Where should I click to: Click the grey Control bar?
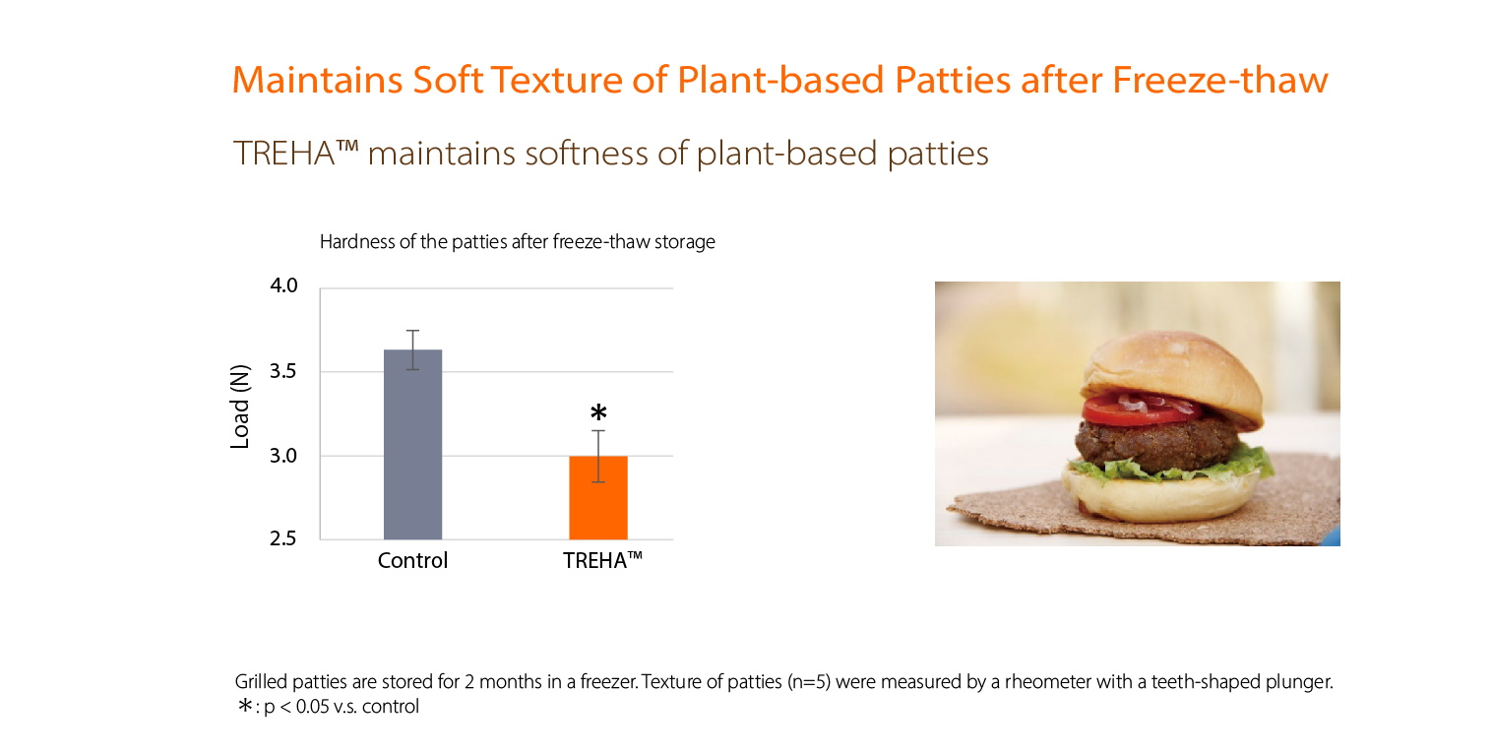412,445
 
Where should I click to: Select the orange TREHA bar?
597,498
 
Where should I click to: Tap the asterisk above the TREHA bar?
598,412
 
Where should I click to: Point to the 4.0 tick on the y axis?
283,285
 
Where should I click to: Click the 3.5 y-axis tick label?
283,371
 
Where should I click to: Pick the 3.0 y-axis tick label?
283,456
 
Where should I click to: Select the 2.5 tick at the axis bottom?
283,538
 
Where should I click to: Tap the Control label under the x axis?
412,560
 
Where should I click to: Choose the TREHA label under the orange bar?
602,560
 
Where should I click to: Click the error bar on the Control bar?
412,349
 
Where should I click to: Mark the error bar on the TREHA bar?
598,457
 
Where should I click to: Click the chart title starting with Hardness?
518,241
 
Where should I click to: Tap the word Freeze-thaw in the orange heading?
1219,80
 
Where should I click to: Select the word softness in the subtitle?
586,154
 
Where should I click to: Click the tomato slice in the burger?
1141,409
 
